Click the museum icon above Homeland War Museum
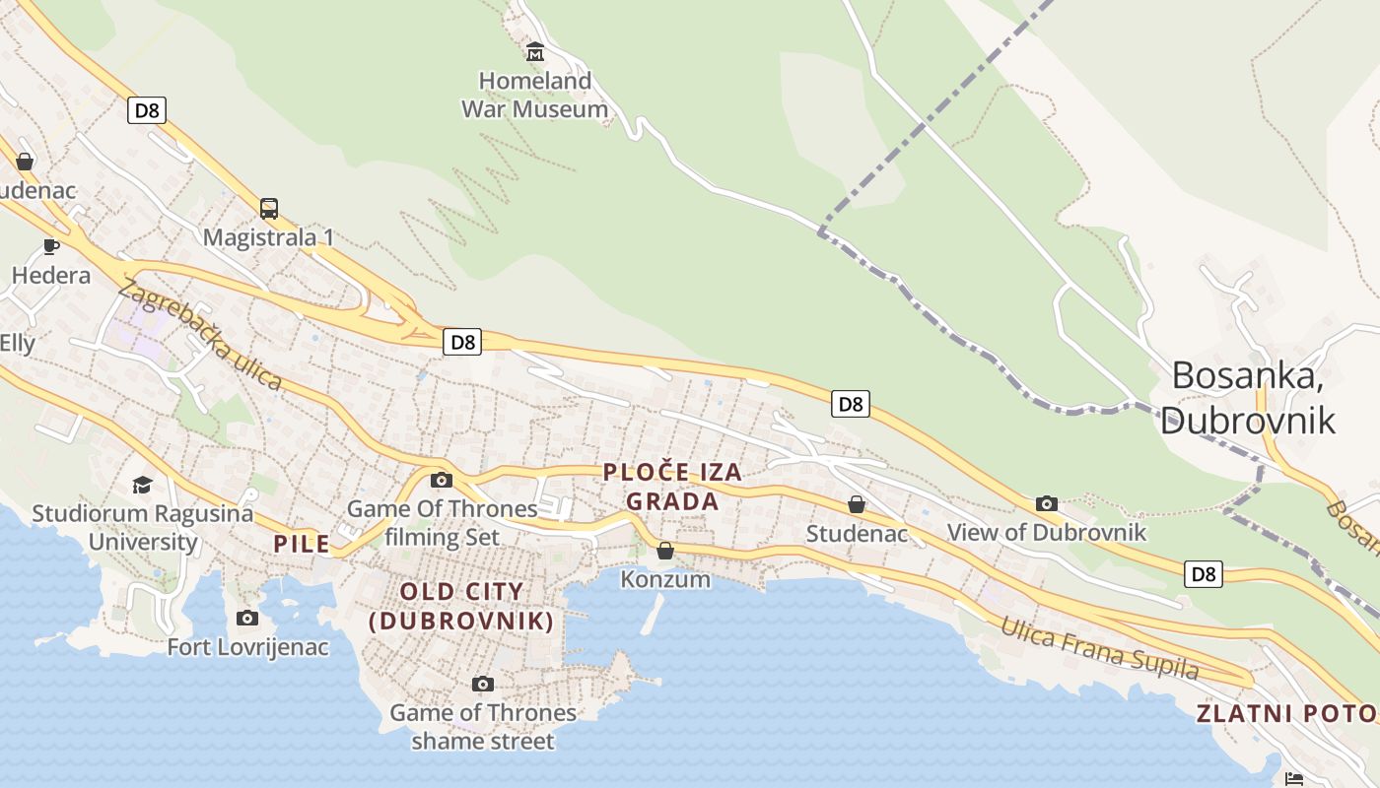point(535,51)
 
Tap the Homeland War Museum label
point(535,95)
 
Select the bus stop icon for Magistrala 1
point(268,209)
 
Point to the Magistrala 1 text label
point(268,237)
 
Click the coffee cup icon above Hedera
point(51,246)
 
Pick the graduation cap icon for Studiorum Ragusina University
point(143,485)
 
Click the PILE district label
point(302,544)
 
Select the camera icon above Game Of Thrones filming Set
point(442,481)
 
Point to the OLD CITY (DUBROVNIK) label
point(461,606)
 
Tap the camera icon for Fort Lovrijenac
point(247,619)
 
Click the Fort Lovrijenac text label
point(247,647)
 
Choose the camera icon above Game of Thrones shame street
point(482,684)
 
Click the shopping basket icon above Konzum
point(665,551)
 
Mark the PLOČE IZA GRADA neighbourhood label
point(673,487)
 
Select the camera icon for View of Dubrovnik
point(1047,504)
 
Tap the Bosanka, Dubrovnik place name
point(1248,397)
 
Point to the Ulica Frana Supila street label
point(1099,648)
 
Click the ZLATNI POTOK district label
point(1286,714)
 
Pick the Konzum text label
point(665,579)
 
